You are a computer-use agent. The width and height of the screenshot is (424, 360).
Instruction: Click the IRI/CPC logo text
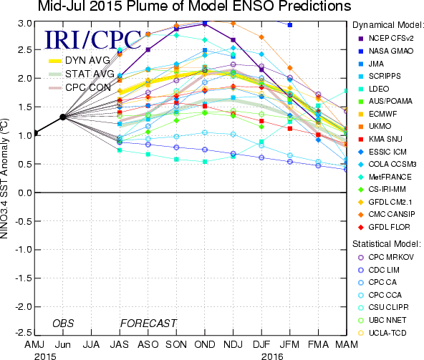(x=93, y=40)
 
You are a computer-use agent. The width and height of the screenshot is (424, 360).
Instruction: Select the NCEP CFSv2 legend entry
(x=386, y=39)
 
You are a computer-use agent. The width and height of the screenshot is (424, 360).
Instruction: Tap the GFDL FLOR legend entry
(x=384, y=227)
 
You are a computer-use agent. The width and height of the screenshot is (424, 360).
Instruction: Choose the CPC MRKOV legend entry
(x=386, y=257)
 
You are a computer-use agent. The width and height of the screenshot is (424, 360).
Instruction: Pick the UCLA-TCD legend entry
(x=382, y=333)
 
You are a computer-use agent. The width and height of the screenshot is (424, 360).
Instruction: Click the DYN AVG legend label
(x=87, y=60)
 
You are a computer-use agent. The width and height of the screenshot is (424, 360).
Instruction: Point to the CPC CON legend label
(x=88, y=87)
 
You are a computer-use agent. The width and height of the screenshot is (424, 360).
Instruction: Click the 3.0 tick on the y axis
(x=25, y=24)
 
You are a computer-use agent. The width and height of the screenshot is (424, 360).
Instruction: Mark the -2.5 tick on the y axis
(x=24, y=332)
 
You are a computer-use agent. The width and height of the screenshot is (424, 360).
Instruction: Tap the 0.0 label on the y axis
(x=25, y=193)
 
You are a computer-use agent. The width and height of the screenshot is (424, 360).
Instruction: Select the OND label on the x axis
(x=205, y=344)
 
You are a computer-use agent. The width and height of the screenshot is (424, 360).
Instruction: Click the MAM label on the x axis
(x=347, y=344)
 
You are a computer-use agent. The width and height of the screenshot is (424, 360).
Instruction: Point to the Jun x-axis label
(x=63, y=344)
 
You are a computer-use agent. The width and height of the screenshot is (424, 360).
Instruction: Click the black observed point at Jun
(x=63, y=117)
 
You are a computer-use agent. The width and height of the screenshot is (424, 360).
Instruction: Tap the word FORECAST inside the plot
(x=148, y=323)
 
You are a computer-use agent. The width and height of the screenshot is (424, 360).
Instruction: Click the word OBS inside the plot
(x=63, y=323)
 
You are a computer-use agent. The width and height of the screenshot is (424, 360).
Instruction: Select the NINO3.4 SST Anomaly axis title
(x=4, y=178)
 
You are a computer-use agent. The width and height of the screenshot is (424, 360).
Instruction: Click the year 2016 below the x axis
(x=272, y=356)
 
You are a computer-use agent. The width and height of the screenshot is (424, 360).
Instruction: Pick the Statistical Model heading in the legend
(x=387, y=244)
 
